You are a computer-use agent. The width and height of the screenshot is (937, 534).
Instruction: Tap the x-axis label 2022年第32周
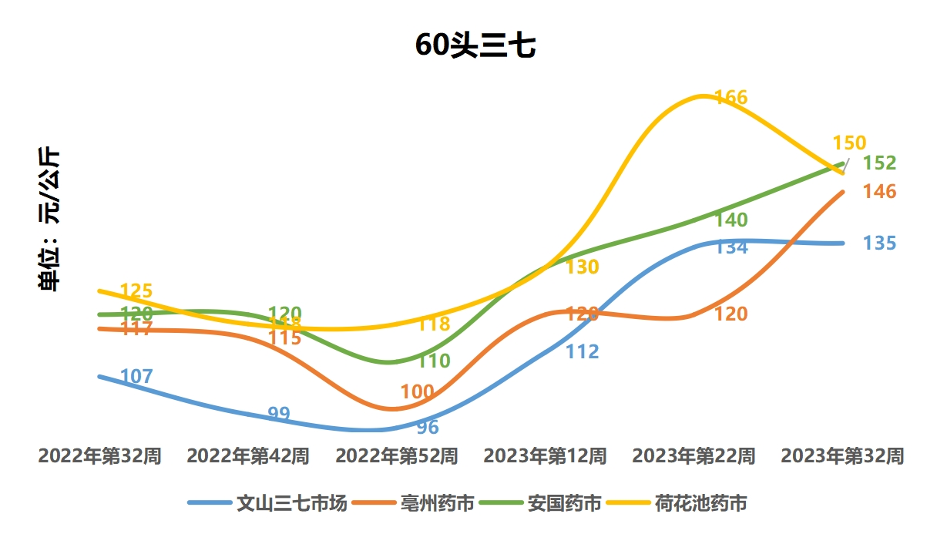point(99,456)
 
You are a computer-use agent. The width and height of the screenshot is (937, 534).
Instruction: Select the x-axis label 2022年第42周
point(248,456)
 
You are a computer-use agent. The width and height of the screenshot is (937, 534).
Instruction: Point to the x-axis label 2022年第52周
point(396,456)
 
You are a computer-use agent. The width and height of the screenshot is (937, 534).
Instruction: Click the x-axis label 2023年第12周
point(545,456)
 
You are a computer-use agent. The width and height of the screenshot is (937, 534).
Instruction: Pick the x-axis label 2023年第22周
point(694,456)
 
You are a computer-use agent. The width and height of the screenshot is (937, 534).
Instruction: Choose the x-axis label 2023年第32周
point(842,456)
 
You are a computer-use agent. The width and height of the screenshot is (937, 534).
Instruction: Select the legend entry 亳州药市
point(437,504)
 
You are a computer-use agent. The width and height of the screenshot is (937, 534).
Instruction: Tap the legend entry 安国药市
point(564,504)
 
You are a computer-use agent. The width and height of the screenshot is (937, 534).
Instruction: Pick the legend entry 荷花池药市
point(700,504)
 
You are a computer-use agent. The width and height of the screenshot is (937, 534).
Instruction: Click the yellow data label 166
point(731,98)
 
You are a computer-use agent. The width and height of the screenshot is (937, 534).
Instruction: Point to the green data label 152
point(879,163)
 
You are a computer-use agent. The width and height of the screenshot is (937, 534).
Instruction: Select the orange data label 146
point(879,192)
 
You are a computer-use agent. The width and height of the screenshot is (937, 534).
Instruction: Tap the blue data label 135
point(879,243)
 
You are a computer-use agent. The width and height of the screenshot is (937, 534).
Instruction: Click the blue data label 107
point(137,377)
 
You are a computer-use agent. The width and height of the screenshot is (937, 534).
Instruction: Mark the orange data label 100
point(418,391)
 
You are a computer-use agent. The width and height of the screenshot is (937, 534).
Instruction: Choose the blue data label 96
point(428,428)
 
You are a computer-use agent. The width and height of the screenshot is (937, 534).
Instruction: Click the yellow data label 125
point(137,291)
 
